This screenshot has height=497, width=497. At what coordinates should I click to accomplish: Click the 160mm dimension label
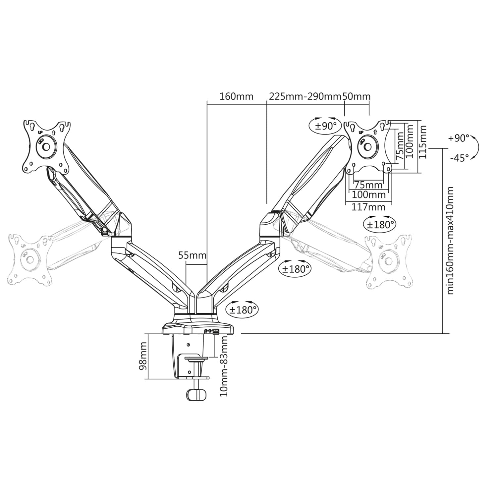(236, 96)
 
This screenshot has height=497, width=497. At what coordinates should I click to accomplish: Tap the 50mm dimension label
(356, 96)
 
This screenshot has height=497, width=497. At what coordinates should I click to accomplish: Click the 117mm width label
(368, 207)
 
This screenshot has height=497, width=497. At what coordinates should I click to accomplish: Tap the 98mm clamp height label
(143, 359)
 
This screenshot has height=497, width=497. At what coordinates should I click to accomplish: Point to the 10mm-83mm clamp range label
(224, 366)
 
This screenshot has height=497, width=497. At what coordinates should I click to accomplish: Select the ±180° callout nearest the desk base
(242, 309)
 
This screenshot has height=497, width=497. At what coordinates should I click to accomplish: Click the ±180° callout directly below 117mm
(380, 224)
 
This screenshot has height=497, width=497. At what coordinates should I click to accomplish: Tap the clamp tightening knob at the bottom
(196, 394)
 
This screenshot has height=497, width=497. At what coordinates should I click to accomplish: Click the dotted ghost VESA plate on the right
(388, 260)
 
